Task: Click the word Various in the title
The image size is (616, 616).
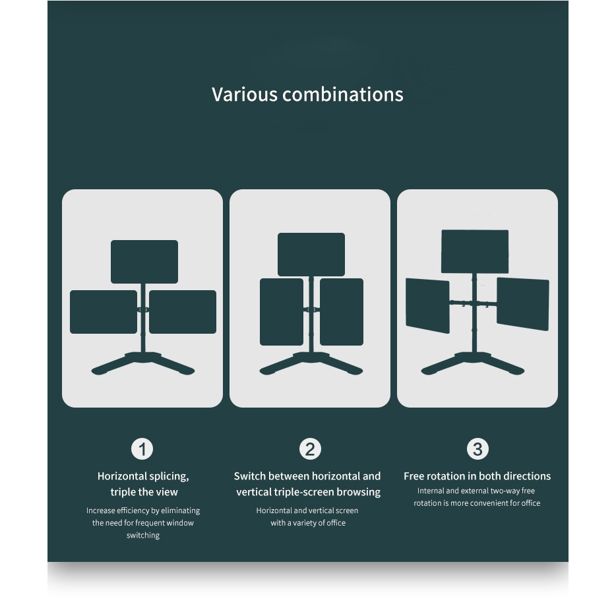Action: pos(245,94)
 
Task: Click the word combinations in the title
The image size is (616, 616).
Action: pos(342,94)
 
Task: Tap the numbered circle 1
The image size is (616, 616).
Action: pos(142,449)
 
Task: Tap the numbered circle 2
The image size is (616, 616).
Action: pos(310,449)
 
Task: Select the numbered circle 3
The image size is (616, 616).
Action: pos(477,449)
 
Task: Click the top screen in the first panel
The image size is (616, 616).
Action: pos(144,262)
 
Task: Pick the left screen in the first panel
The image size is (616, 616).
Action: pos(104,312)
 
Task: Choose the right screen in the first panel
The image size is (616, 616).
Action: pos(183,312)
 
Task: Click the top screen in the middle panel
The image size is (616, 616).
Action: pos(311,255)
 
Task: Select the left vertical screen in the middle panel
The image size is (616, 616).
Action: pos(282,312)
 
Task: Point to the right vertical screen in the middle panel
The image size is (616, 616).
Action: pos(342,312)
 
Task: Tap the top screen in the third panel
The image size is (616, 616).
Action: pos(475,251)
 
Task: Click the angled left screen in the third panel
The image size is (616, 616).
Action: pos(427,305)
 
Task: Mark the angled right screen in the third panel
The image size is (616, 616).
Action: pos(523,304)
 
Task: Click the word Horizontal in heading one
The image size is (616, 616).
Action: pos(122,476)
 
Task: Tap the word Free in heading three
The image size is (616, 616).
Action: pos(414,476)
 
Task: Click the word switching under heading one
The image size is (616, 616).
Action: pos(143,536)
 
